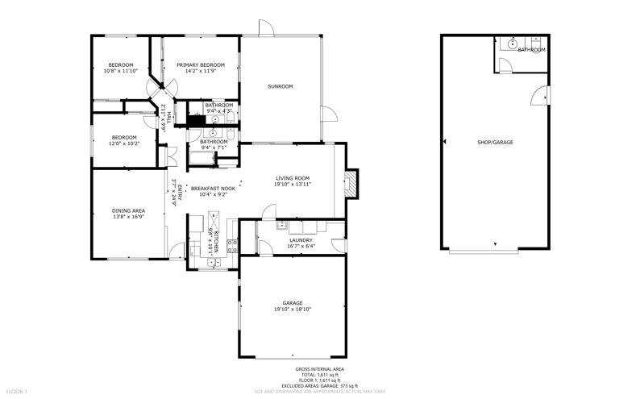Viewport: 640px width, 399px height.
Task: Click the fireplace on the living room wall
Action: point(351,185)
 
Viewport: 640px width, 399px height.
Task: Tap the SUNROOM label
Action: point(281,86)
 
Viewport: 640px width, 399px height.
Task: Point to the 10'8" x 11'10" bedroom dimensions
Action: point(121,71)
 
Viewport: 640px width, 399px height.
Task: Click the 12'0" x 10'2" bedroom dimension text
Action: point(124,143)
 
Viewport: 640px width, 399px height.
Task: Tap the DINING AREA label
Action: point(127,211)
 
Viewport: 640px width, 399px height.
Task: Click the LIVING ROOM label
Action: point(293,178)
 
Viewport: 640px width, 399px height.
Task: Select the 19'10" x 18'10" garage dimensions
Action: point(293,309)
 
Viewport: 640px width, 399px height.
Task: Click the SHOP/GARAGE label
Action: point(495,142)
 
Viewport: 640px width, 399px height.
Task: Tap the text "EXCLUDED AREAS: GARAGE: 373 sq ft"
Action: point(320,386)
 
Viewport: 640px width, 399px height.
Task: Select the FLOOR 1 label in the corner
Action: point(15,392)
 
